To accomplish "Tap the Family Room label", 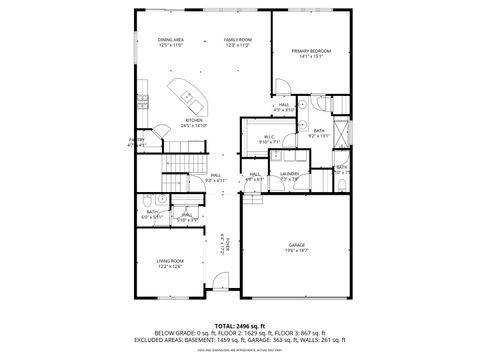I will (x=237, y=42).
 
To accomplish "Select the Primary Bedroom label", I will (x=310, y=53).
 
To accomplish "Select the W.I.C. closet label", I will (x=270, y=140).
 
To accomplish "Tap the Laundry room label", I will (x=290, y=176).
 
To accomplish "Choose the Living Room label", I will (x=169, y=263).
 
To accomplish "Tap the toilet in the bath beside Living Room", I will (x=146, y=199).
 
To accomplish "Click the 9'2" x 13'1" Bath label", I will (x=319, y=133).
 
